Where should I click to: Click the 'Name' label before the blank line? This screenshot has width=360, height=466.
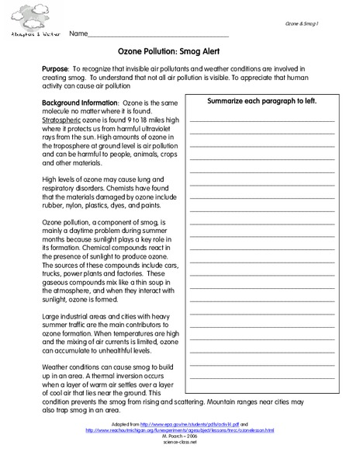click(x=77, y=35)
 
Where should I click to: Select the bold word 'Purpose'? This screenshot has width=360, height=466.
click(x=55, y=69)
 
